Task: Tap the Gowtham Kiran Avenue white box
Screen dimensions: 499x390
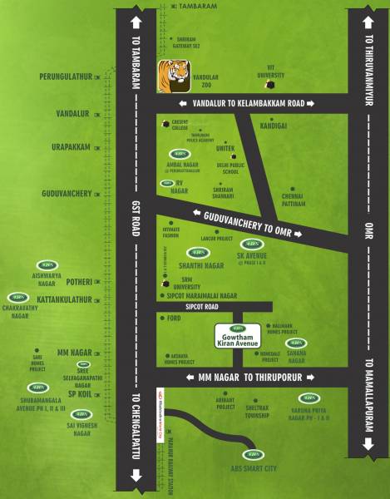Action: (239, 334)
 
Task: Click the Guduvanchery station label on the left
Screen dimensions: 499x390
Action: (67, 194)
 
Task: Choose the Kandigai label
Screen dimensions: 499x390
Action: (274, 126)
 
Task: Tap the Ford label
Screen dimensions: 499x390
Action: (174, 318)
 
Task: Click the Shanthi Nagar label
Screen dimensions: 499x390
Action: (198, 265)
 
